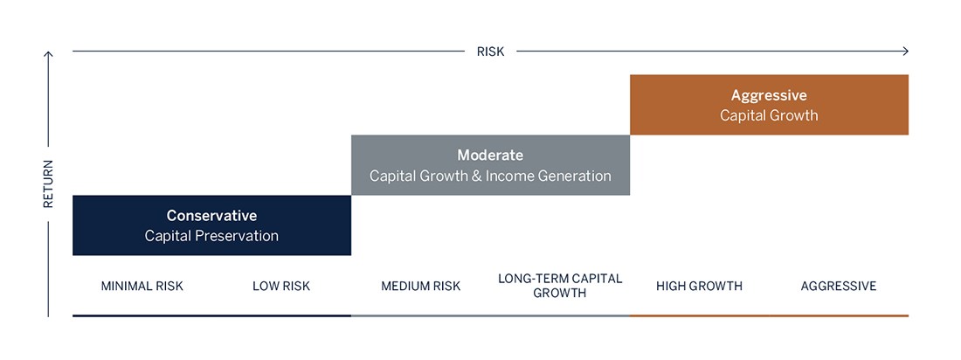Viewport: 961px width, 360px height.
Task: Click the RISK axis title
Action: pyautogui.click(x=490, y=52)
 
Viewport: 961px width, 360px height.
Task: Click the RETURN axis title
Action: pyautogui.click(x=49, y=183)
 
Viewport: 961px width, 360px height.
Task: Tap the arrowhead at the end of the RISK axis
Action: pyautogui.click(x=905, y=52)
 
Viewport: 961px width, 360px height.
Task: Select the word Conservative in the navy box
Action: pyautogui.click(x=211, y=215)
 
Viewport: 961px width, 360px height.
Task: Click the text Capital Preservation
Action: pyautogui.click(x=211, y=235)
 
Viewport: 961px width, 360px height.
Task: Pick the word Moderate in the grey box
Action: pyautogui.click(x=490, y=156)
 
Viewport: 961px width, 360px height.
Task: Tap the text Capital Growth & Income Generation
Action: pyautogui.click(x=490, y=176)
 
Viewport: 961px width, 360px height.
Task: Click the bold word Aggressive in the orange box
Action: pyautogui.click(x=769, y=95)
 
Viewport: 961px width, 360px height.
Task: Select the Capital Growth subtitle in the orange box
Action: pyautogui.click(x=769, y=115)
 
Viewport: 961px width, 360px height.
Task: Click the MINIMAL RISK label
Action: pyautogui.click(x=142, y=286)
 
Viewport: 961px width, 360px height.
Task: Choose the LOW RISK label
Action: pyautogui.click(x=281, y=286)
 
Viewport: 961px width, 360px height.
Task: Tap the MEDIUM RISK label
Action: pyautogui.click(x=421, y=286)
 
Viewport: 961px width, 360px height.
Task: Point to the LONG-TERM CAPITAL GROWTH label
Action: pyautogui.click(x=560, y=286)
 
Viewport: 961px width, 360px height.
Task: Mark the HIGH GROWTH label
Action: pyautogui.click(x=699, y=286)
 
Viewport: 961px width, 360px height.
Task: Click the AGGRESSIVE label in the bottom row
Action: pyautogui.click(x=839, y=286)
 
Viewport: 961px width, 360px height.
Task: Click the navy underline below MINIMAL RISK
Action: pyautogui.click(x=142, y=315)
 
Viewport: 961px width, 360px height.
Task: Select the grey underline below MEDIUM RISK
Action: pyautogui.click(x=421, y=315)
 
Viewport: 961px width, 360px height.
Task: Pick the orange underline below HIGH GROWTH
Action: pyautogui.click(x=699, y=315)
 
